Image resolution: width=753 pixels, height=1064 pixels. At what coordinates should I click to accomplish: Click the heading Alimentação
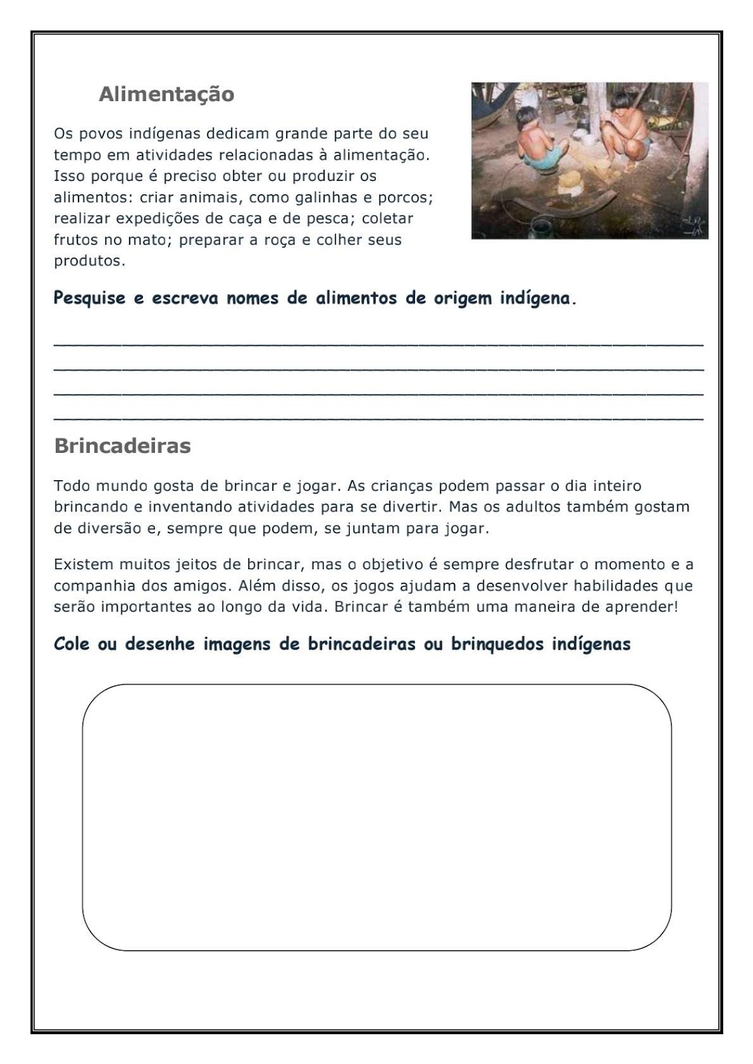click(166, 94)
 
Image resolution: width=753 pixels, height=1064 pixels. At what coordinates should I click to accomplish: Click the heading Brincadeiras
click(122, 446)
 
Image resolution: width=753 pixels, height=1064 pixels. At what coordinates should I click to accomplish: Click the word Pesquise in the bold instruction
click(89, 298)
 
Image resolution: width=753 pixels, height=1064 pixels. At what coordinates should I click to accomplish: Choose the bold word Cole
click(71, 644)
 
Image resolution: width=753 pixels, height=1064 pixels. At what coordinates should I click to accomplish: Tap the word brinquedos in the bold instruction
click(497, 644)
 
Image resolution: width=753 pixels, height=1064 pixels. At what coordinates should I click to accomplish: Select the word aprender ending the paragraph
click(645, 607)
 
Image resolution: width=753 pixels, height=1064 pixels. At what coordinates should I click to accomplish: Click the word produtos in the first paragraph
click(88, 261)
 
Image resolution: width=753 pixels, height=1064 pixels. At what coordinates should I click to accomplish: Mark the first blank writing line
click(378, 343)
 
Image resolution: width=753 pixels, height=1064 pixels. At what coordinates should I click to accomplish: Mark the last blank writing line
click(378, 418)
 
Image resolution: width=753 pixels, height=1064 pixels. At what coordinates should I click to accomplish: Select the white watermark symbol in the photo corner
click(693, 225)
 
